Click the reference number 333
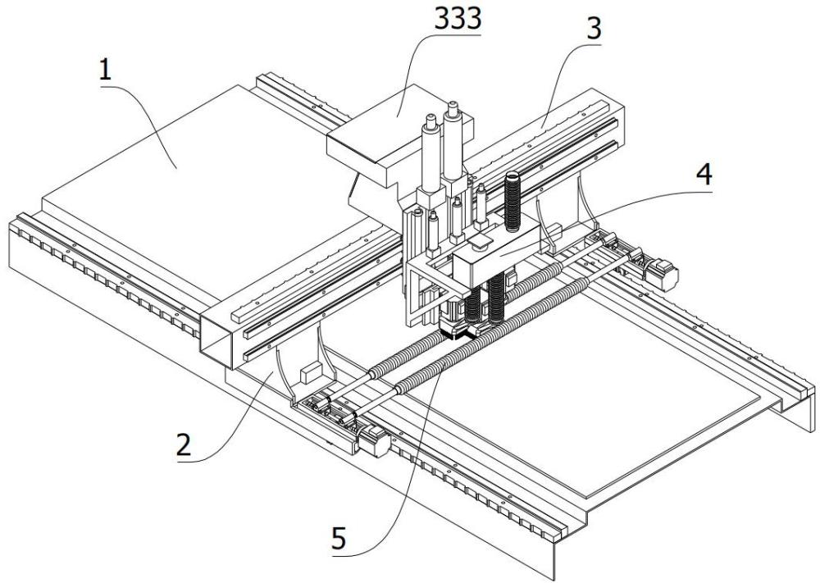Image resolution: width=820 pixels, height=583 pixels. (x=458, y=20)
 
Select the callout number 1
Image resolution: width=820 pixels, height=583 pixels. (x=106, y=71)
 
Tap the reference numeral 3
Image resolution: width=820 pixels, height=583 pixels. (x=594, y=30)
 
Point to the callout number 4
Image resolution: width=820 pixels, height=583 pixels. (x=704, y=174)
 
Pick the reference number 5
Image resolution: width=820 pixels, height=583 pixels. (x=339, y=538)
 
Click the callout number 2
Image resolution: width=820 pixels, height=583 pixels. (x=184, y=445)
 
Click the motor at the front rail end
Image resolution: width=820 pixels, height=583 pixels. (x=373, y=440)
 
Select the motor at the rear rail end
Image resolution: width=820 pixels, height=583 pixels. (x=662, y=273)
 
